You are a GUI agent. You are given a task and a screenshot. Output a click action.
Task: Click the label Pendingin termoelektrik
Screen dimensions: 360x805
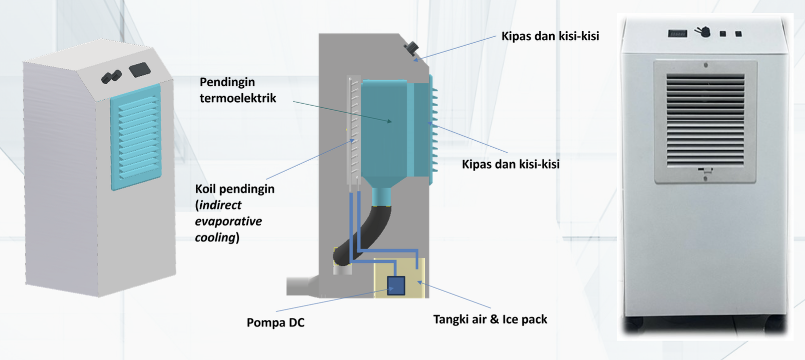pos(237,90)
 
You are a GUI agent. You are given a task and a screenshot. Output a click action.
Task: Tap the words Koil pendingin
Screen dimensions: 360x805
pos(234,189)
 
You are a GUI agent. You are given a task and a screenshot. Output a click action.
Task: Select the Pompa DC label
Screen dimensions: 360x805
pos(276,323)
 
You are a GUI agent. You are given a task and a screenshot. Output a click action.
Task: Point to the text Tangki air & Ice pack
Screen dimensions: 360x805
pos(490,319)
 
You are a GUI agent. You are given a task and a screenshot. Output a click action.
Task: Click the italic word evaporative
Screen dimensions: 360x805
pos(228,221)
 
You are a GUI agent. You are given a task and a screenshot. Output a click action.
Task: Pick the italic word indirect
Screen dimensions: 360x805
pos(220,205)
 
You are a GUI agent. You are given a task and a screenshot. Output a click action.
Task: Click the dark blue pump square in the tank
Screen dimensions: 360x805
pos(396,286)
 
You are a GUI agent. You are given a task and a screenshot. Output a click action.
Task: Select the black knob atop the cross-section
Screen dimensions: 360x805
pos(411,48)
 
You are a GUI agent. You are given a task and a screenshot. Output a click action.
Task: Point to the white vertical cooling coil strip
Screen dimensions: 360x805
pos(354,129)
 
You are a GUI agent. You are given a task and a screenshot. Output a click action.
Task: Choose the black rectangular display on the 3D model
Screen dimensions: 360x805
pos(140,69)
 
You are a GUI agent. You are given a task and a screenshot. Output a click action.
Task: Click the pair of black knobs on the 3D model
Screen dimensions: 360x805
pos(112,77)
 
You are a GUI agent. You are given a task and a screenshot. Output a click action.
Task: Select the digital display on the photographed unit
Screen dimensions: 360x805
pos(677,34)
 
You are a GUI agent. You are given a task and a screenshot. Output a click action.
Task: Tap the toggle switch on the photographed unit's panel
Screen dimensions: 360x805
pos(703,32)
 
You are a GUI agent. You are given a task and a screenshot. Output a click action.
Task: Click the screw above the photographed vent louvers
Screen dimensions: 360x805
pos(705,65)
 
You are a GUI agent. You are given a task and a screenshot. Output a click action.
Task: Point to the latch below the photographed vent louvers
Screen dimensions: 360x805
pos(705,171)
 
